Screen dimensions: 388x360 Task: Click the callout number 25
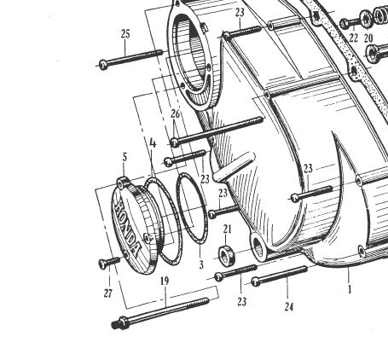tap(125, 34)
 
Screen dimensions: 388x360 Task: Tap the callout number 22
tap(353, 38)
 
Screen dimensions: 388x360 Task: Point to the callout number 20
tap(368, 38)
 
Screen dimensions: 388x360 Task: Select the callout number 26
tap(176, 113)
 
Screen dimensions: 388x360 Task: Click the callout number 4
tap(153, 143)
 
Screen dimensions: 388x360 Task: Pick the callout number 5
tap(125, 157)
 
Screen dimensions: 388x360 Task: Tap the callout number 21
tap(228, 229)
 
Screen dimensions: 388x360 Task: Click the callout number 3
tap(201, 264)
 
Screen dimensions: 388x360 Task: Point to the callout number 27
tap(108, 293)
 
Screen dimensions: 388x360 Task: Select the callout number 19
tap(165, 282)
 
